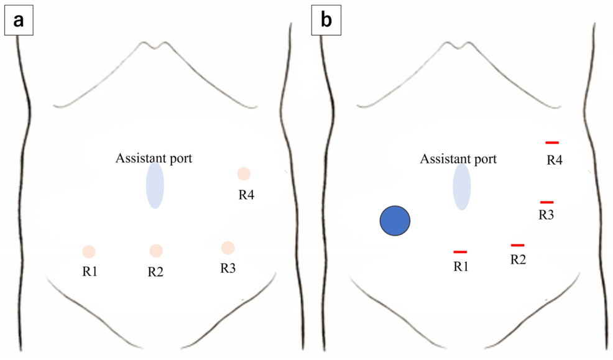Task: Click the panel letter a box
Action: (18, 21)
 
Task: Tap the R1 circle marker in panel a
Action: (89, 252)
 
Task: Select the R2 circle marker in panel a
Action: (156, 251)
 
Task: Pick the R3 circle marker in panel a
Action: (228, 247)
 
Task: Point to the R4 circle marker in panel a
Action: (244, 174)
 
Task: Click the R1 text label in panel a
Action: (89, 272)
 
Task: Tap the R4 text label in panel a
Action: (246, 195)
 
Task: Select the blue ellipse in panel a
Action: (155, 185)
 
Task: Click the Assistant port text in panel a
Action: (154, 158)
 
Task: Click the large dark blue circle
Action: (395, 221)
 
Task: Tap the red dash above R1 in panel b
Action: (460, 252)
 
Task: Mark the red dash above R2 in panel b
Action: (517, 245)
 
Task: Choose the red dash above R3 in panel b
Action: (547, 202)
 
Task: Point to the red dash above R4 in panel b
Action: (552, 143)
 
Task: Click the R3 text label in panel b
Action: (546, 215)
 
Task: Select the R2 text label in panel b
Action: (518, 259)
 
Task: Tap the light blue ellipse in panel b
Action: (461, 185)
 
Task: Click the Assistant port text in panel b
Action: (459, 159)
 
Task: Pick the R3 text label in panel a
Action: (228, 269)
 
